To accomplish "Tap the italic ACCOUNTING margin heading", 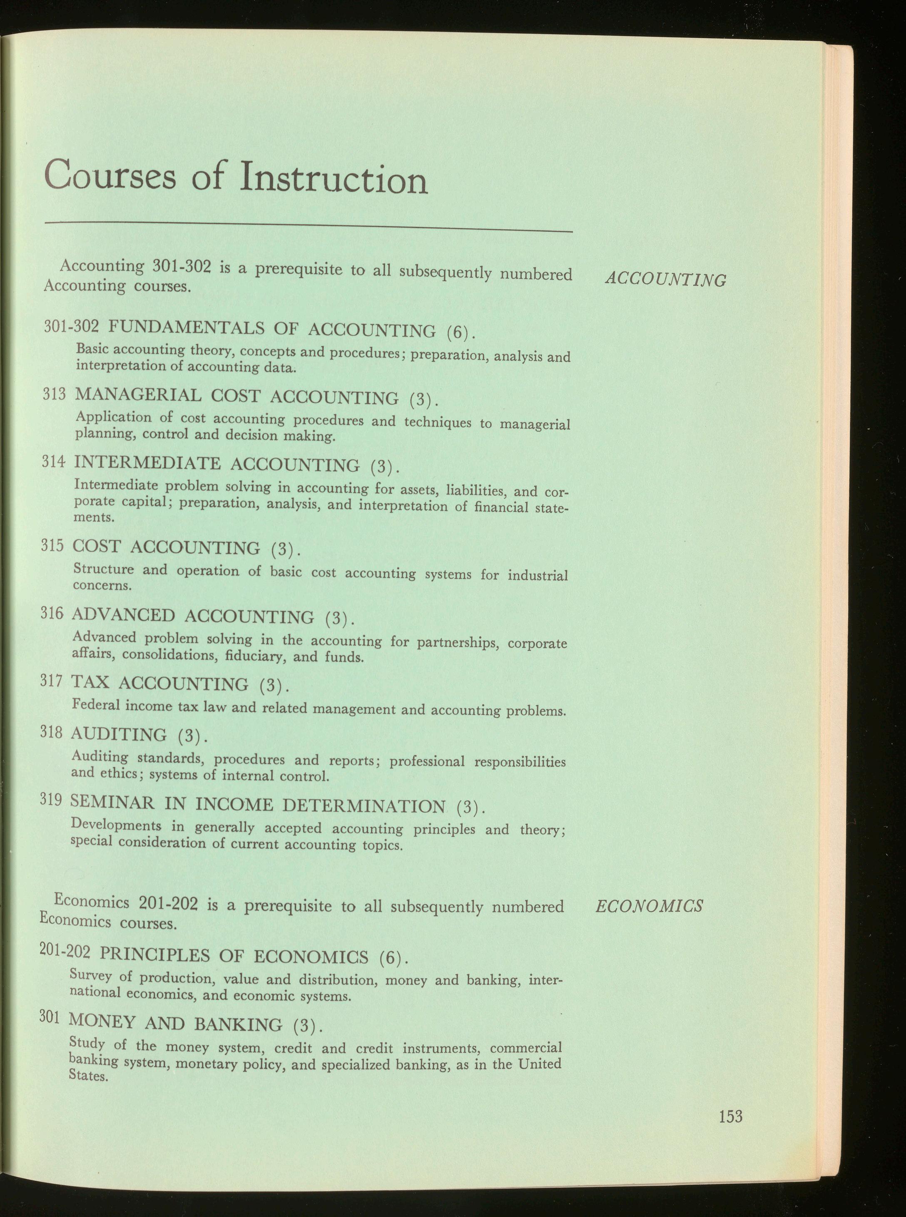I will [x=665, y=280].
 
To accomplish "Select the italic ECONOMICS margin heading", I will [x=649, y=906].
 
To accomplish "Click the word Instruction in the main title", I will [x=334, y=179].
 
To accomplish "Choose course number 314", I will [x=54, y=462].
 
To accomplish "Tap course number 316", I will [x=52, y=614].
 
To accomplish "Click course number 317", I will [x=52, y=681].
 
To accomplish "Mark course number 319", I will [x=50, y=801].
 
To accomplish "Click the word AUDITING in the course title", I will [x=119, y=734].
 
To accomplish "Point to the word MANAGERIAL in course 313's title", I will [x=138, y=395].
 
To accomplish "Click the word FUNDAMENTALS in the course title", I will [x=185, y=328].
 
